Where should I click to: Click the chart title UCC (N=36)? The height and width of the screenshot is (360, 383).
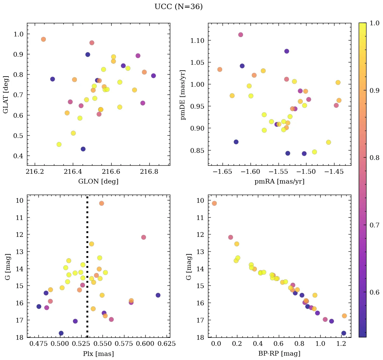[178, 7]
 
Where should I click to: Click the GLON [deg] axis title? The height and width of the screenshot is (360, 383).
[98, 182]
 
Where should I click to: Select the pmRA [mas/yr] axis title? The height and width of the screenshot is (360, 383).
[279, 182]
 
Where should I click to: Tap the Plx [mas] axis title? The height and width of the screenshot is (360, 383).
[98, 354]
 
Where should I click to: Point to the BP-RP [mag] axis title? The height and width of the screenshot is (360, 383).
[279, 354]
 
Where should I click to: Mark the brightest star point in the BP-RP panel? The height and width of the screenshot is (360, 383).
[214, 203]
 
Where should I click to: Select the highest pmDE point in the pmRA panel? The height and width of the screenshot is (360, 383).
[240, 35]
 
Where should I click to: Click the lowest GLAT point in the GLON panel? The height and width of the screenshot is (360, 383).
[83, 149]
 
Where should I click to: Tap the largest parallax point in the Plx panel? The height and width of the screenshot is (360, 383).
[158, 295]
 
